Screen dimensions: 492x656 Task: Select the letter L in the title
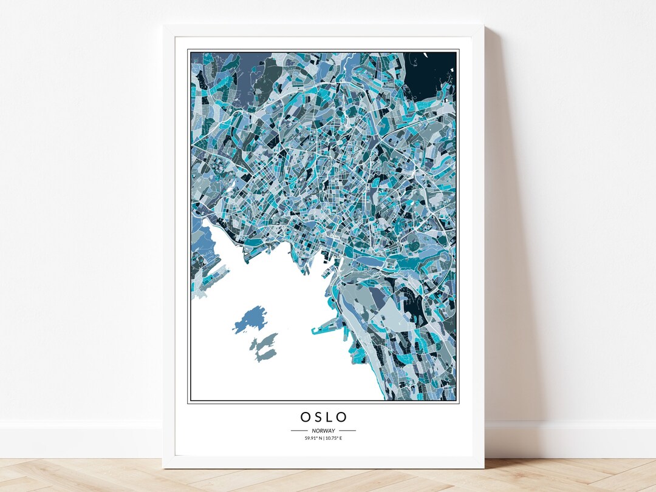[330, 417]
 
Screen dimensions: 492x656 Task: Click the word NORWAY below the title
[323, 431]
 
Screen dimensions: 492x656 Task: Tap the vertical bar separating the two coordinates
[323, 438]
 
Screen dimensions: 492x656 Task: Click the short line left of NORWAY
[300, 431]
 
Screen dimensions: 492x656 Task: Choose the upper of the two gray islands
[266, 340]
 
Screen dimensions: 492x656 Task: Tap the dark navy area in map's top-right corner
[435, 70]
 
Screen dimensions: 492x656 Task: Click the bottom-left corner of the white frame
[164, 467]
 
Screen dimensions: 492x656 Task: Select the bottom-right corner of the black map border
[457, 402]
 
